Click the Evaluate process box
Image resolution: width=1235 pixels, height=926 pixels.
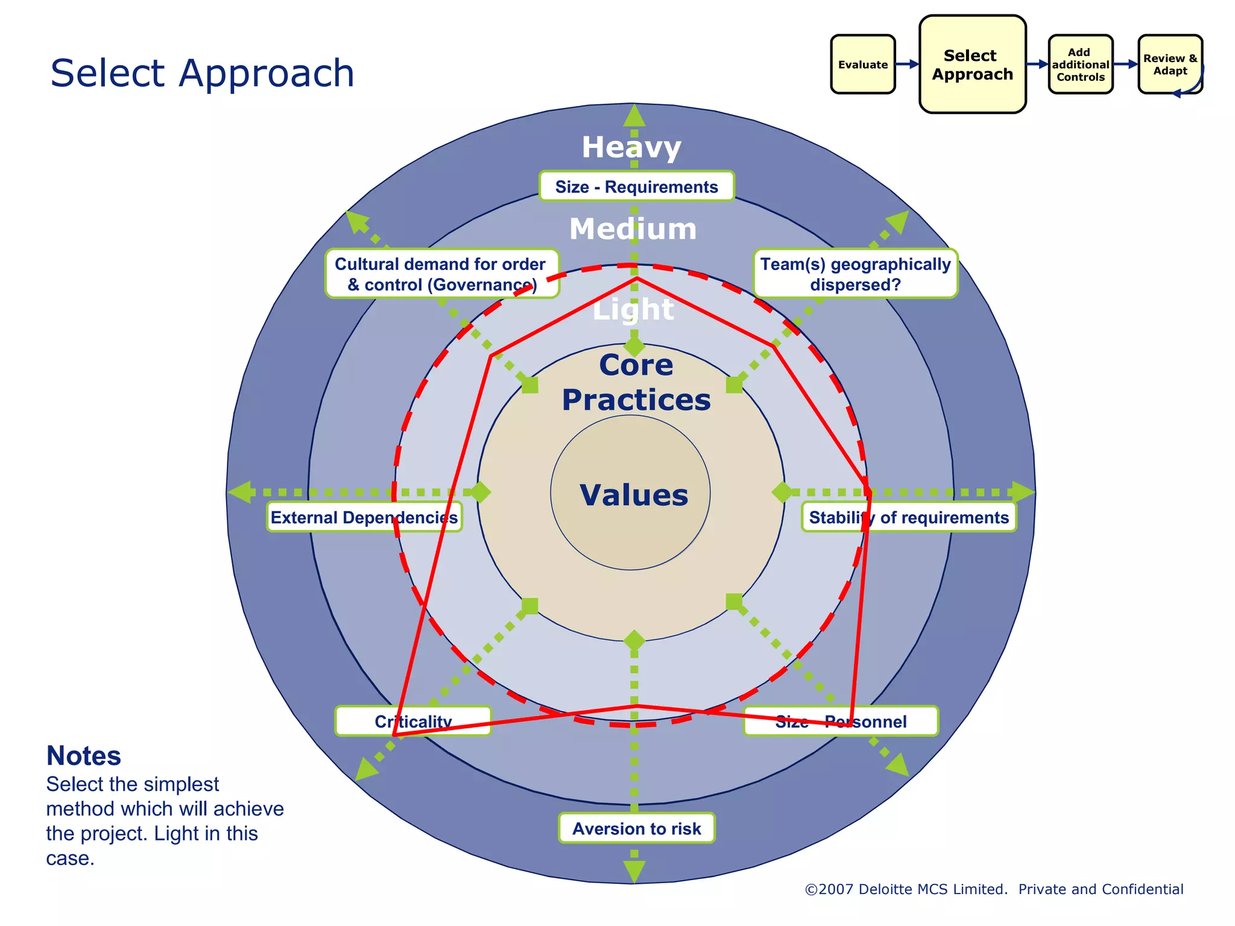pyautogui.click(x=862, y=65)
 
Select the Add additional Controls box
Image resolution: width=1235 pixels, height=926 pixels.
pyautogui.click(x=1080, y=65)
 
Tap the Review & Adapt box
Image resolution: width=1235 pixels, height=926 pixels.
pyautogui.click(x=1170, y=65)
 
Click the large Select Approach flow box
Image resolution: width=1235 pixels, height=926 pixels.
pyautogui.click(x=972, y=65)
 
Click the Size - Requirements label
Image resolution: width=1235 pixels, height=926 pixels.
pyautogui.click(x=636, y=187)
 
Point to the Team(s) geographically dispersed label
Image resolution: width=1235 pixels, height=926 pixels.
pyautogui.click(x=855, y=274)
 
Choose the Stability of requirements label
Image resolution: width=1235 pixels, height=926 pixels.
pyautogui.click(x=908, y=517)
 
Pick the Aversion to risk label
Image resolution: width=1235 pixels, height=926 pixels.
pyautogui.click(x=636, y=828)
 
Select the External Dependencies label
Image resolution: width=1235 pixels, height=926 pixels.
pyautogui.click(x=364, y=517)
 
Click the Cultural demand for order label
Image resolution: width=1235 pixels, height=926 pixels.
pyautogui.click(x=441, y=274)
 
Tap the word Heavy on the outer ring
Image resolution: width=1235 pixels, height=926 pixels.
pyautogui.click(x=631, y=147)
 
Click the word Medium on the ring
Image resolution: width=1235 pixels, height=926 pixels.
pyautogui.click(x=633, y=229)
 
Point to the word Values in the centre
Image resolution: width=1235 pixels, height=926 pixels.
pyautogui.click(x=633, y=495)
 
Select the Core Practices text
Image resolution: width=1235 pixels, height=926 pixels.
pyautogui.click(x=636, y=382)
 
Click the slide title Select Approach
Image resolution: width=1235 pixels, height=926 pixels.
pyautogui.click(x=202, y=74)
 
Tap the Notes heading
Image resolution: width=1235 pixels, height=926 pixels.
pyautogui.click(x=84, y=756)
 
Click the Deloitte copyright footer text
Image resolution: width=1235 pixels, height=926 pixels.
pyautogui.click(x=993, y=889)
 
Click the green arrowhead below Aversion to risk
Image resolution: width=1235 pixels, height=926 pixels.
pyautogui.click(x=634, y=871)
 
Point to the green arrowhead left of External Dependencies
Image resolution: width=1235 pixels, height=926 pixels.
pyautogui.click(x=241, y=492)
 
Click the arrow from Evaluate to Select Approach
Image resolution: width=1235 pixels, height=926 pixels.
pyautogui.click(x=907, y=64)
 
